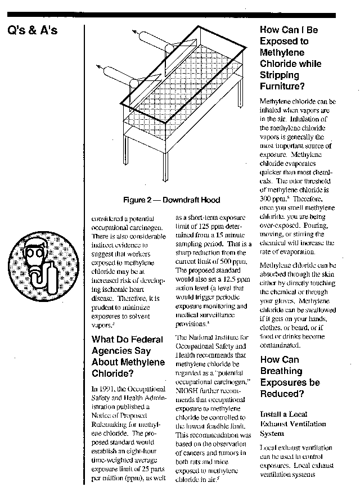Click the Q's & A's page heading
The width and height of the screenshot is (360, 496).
[33, 30]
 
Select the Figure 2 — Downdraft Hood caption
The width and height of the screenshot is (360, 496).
[172, 200]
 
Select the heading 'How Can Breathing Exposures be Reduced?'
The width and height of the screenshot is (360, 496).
[290, 377]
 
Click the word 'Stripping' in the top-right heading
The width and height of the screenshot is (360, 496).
[280, 75]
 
